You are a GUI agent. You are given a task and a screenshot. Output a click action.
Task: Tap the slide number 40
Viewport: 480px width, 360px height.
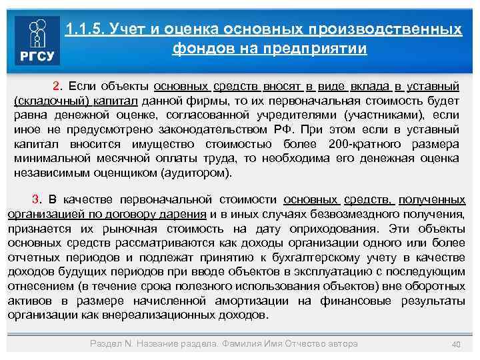point(457,344)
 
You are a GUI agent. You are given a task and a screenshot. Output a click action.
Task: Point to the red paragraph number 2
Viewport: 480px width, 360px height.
point(57,87)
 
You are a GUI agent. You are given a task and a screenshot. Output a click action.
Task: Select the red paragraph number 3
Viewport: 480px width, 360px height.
point(37,200)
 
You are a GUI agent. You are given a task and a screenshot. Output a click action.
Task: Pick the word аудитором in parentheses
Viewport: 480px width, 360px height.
point(203,173)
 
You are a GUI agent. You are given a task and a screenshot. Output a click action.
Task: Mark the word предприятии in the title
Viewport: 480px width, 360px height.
point(319,49)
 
